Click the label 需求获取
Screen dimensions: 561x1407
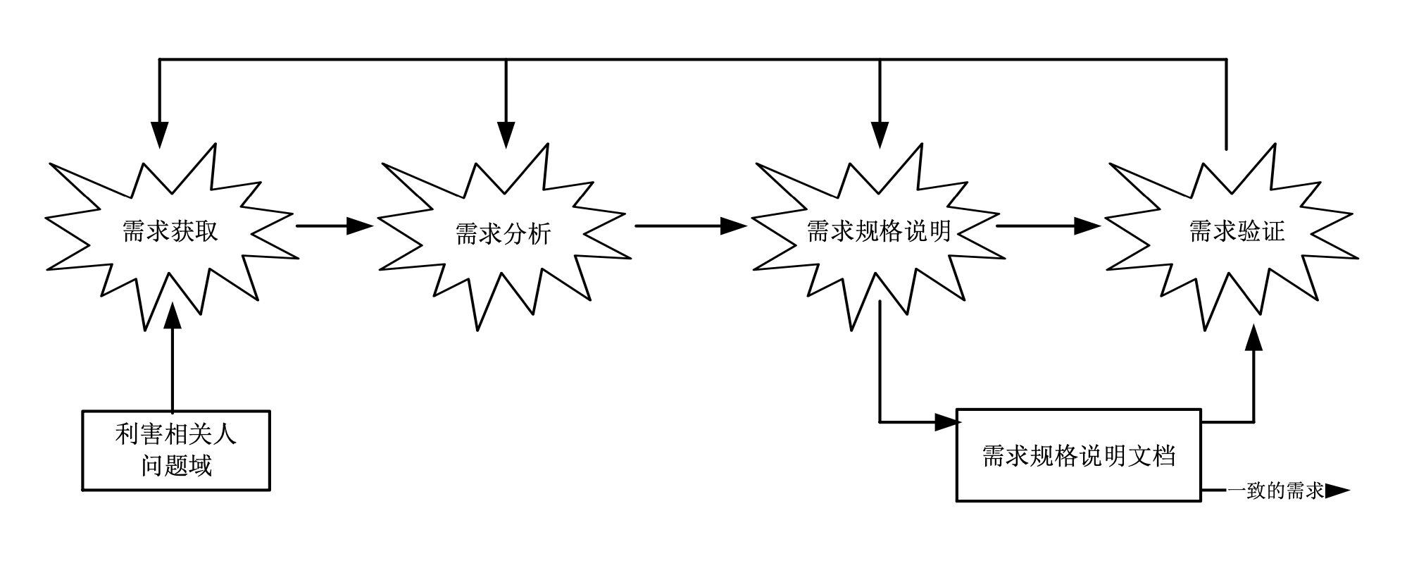tap(170, 231)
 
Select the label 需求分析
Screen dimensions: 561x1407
tap(503, 234)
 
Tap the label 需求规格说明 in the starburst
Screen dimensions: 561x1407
tap(879, 230)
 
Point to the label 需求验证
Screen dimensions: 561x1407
tap(1237, 230)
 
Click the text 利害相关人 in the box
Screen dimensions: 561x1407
tap(176, 434)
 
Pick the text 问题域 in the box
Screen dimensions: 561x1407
tap(176, 465)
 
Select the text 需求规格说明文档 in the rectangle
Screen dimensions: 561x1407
tap(1079, 456)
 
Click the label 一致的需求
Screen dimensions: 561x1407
tap(1276, 491)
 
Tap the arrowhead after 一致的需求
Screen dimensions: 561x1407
tap(1337, 491)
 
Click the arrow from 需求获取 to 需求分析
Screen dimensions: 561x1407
tap(334, 226)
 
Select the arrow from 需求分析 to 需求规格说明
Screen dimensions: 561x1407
tap(690, 226)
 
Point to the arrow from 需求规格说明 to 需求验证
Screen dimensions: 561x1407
tap(1048, 226)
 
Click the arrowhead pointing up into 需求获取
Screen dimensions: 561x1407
tap(172, 317)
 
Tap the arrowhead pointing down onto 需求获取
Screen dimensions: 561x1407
tap(160, 134)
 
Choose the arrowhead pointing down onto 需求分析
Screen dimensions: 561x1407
tap(506, 134)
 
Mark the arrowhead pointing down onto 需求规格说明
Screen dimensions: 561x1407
tap(880, 134)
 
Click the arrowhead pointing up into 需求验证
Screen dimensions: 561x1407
tap(1253, 338)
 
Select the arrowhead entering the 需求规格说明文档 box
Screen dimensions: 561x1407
tap(946, 422)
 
